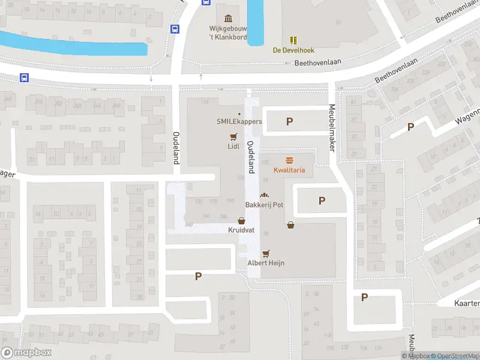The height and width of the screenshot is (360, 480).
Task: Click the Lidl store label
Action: point(233,146)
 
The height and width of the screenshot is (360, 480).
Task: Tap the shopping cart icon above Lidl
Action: point(233,136)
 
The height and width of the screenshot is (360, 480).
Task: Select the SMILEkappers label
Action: point(239,122)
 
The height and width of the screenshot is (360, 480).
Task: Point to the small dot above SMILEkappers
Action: point(239,114)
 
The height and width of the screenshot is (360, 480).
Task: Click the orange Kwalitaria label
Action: point(289,170)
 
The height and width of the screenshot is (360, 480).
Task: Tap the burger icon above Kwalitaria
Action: point(289,160)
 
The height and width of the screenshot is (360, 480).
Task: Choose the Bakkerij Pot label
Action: point(263,205)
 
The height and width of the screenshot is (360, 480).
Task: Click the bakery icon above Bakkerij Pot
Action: point(263,195)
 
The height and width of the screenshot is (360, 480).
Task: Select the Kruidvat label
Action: point(241,230)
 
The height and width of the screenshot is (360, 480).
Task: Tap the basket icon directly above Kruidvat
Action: point(241,221)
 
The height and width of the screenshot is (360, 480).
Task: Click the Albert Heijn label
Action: point(266,263)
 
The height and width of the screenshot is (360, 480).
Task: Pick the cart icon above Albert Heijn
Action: point(266,253)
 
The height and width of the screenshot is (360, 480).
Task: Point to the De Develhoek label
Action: point(293,50)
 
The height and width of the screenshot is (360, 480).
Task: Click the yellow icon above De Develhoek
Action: point(293,40)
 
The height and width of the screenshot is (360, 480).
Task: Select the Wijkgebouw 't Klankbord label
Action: point(228,32)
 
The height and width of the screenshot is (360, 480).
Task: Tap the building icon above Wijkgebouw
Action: point(228,18)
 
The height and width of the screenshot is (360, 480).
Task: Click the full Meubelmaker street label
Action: point(331,127)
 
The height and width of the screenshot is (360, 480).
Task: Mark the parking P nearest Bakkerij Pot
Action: point(322,201)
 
